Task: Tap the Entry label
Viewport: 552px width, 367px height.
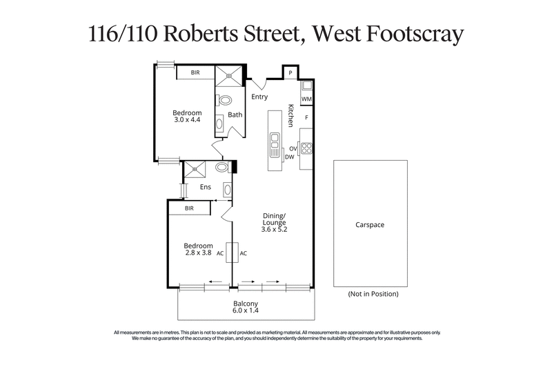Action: point(259,97)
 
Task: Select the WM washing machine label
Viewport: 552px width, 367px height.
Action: point(306,99)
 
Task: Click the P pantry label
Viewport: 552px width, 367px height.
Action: point(290,73)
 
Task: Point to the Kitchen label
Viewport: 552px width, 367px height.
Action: point(291,115)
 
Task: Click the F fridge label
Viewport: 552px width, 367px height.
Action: point(306,117)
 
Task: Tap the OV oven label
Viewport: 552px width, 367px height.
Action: point(293,148)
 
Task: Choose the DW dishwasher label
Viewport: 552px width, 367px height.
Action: point(289,157)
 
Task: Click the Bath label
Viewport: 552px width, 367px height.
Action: point(235,115)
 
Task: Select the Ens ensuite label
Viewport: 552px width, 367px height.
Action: point(206,187)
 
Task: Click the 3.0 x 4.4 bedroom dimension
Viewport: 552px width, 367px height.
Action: point(186,120)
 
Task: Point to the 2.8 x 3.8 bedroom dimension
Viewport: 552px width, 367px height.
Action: point(197,252)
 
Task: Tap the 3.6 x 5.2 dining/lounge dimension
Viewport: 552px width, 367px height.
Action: point(274,229)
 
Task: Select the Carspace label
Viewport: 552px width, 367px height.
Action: point(370,225)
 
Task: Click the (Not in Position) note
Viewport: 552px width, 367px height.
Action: point(373,294)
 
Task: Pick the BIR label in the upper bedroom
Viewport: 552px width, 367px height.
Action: point(195,72)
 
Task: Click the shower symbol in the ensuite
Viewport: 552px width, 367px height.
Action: point(195,168)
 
